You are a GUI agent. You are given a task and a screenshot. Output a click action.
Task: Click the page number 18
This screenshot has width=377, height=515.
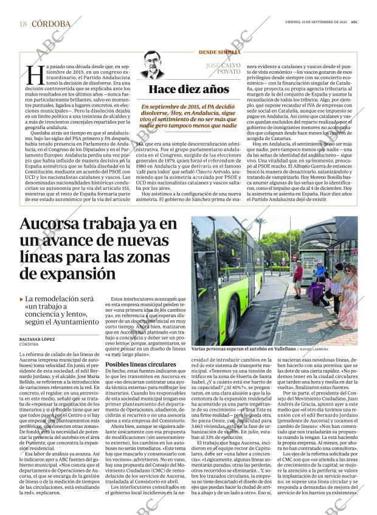tap(23, 24)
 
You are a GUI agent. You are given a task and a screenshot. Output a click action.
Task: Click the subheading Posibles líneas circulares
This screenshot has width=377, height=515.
tap(141, 364)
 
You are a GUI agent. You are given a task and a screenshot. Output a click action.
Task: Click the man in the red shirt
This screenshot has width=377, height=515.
tap(298, 276)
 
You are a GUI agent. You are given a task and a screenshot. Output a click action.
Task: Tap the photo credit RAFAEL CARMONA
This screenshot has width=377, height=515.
tap(330, 349)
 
